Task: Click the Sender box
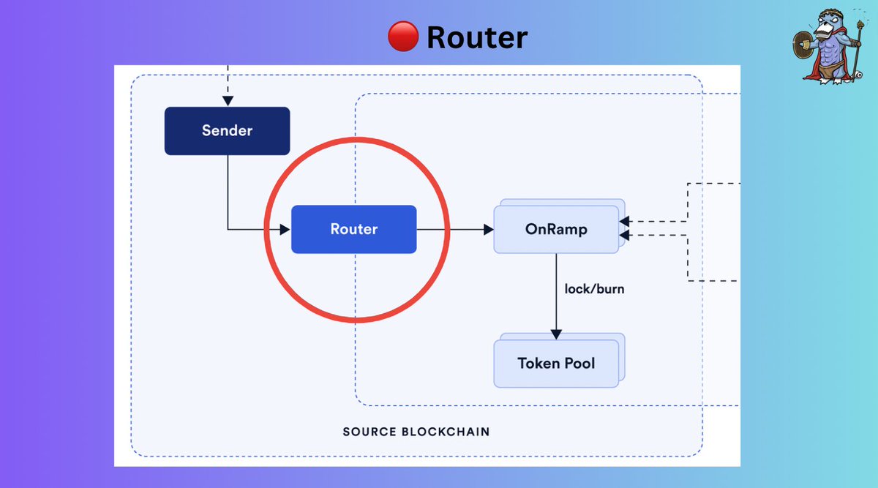[x=227, y=131]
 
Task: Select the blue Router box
[x=353, y=229]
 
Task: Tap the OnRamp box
[x=556, y=230]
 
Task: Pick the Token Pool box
[x=556, y=363]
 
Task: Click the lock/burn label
[x=594, y=289]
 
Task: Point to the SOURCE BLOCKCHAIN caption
[x=416, y=432]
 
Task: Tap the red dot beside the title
[x=402, y=36]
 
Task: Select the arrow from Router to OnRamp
[x=454, y=229]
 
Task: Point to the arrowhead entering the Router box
[x=285, y=229]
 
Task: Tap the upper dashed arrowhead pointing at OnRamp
[x=624, y=221]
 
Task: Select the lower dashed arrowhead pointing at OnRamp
[x=624, y=234]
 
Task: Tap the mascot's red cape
[x=812, y=70]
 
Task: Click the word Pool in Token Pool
[x=579, y=363]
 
